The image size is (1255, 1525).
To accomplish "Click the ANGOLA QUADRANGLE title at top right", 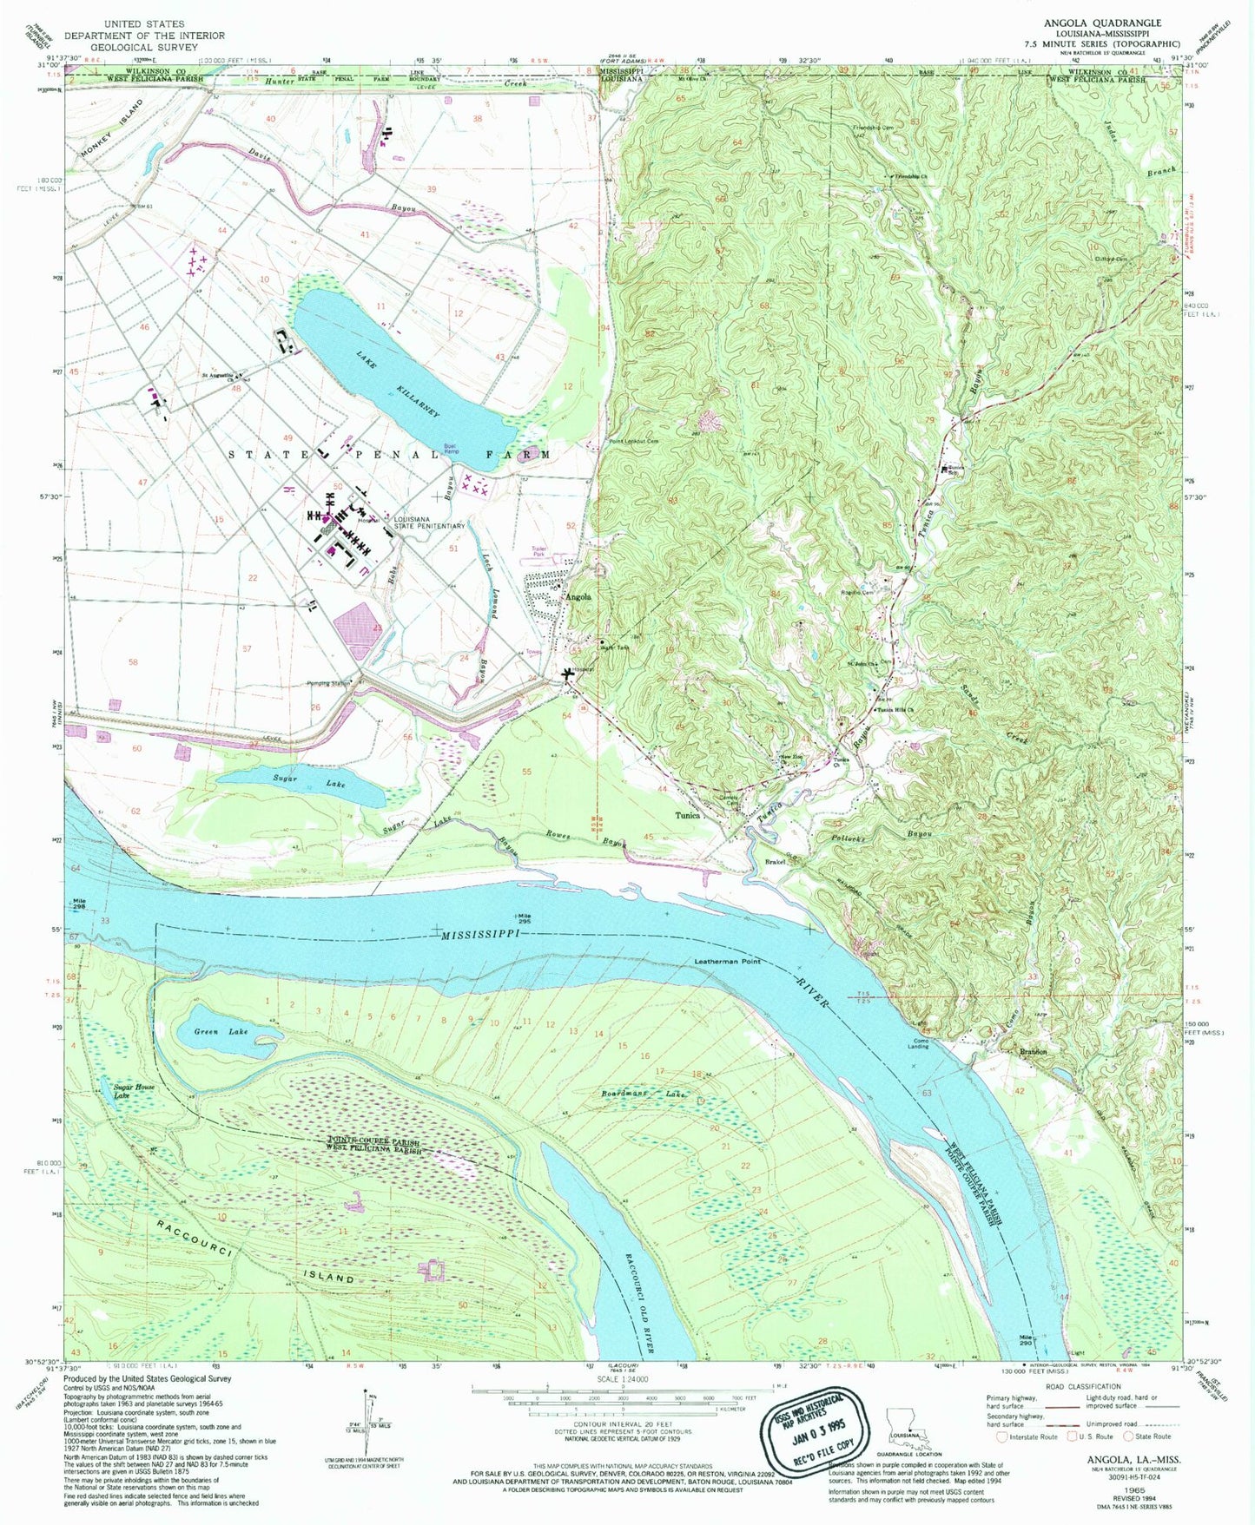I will [x=1111, y=23].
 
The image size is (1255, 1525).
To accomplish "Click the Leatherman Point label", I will [x=727, y=962].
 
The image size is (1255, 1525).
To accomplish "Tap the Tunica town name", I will [x=688, y=816].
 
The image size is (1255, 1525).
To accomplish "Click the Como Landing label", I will [x=918, y=1043].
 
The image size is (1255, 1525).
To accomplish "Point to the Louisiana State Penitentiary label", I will [x=430, y=523].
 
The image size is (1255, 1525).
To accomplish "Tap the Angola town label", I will [x=579, y=597].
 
